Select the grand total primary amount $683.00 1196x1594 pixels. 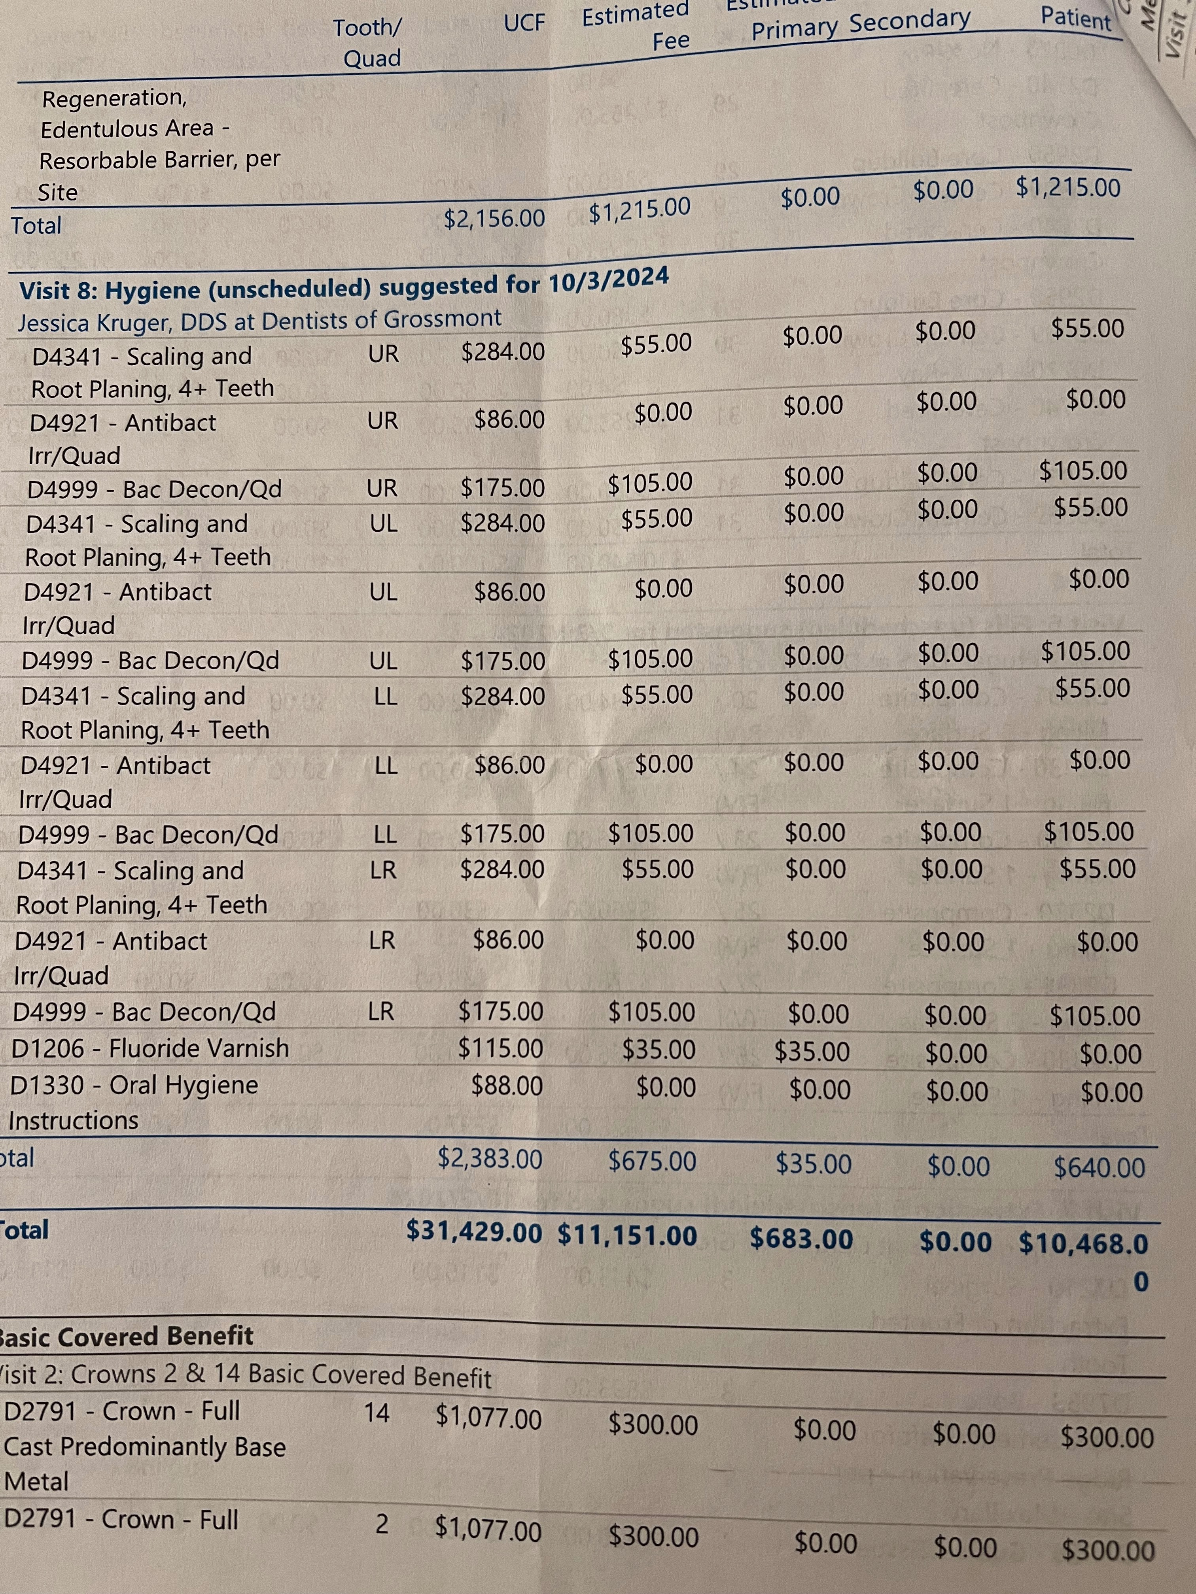tap(801, 1238)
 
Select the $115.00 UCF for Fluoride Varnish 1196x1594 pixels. tap(500, 1048)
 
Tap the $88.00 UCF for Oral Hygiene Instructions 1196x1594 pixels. tap(507, 1085)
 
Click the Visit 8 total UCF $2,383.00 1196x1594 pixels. tap(490, 1159)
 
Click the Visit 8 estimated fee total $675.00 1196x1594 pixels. tap(653, 1161)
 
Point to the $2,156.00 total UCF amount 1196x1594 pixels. tap(494, 217)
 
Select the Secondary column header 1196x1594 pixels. tap(910, 21)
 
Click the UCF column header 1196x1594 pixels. tap(524, 24)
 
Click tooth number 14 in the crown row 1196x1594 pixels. tap(376, 1413)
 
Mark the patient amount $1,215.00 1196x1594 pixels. tap(1068, 188)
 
